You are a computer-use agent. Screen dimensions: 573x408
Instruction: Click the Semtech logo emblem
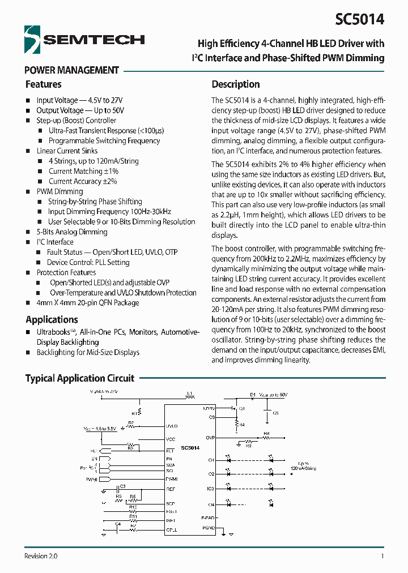point(33,39)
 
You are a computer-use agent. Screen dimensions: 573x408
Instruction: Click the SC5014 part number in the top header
point(359,19)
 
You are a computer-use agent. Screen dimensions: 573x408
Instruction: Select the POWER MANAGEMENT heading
point(72,70)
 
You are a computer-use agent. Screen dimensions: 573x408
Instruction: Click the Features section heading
point(43,84)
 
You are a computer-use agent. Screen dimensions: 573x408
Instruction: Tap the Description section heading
point(236,84)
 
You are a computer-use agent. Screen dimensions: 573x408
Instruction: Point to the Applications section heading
point(52,319)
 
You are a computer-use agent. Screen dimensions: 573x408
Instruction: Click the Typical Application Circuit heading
point(80,378)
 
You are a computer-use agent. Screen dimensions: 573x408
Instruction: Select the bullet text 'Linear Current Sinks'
point(67,151)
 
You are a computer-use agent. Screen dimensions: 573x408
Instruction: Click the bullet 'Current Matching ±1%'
point(83,171)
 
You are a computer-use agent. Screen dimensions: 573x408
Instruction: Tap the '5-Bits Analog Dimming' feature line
point(72,232)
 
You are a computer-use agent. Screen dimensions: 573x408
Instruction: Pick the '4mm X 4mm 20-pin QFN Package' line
point(88,303)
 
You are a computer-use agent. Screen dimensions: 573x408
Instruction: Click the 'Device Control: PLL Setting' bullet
point(88,263)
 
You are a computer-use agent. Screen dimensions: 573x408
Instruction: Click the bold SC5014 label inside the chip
point(190,447)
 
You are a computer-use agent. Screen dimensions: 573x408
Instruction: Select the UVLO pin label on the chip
point(172,426)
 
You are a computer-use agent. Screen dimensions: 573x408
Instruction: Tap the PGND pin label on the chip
point(209,527)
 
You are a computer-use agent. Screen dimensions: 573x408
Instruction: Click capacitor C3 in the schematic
point(122,486)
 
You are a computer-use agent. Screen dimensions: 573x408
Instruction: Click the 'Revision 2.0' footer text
point(41,557)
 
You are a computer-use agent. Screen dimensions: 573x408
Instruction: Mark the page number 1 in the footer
point(382,557)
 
